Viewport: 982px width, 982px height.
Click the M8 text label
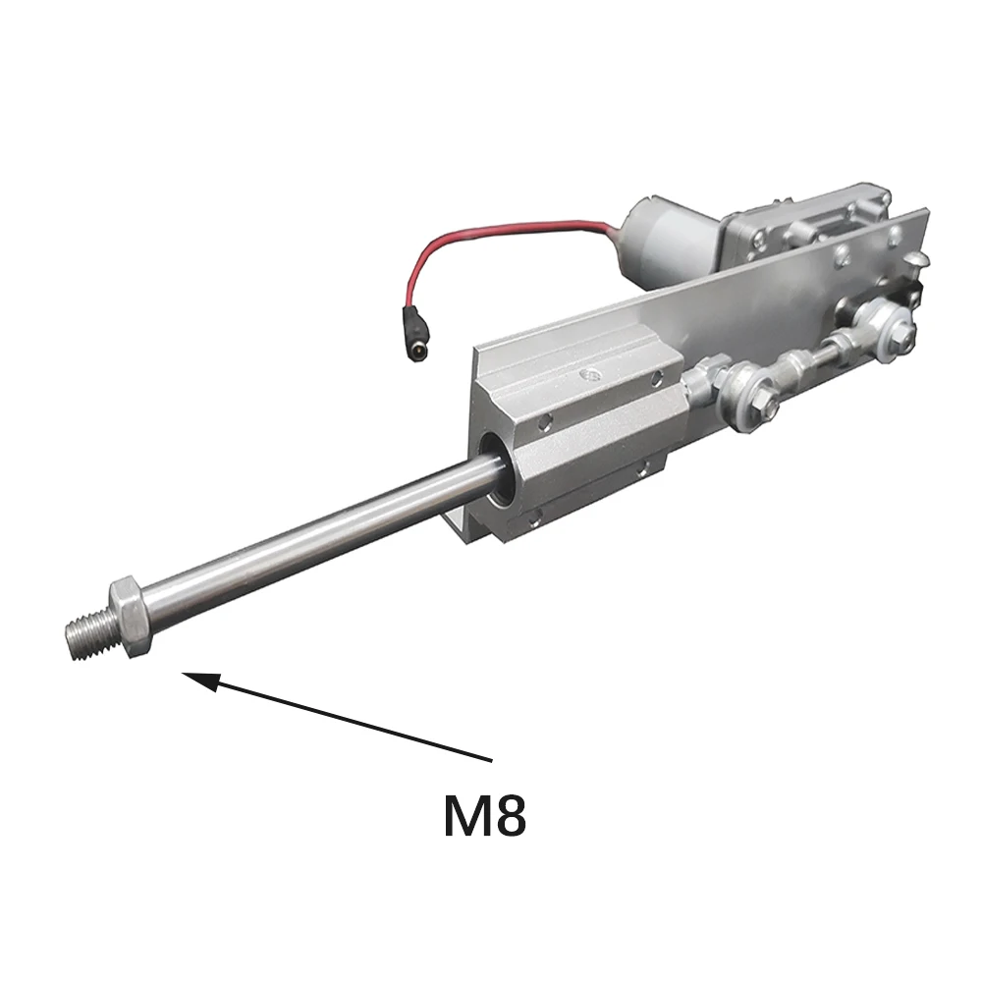pos(485,815)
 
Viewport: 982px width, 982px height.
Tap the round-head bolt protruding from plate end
pos(918,256)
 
